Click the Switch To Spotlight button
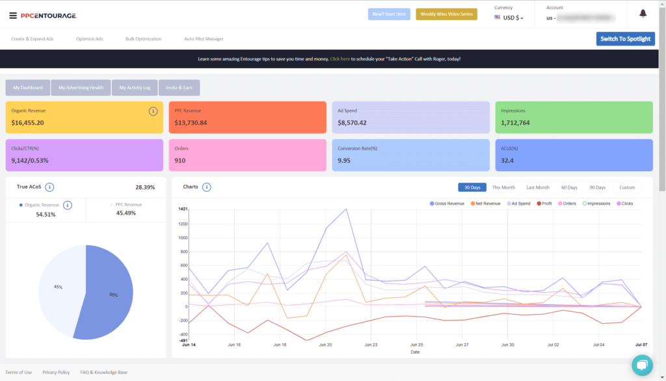625,39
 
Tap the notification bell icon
643,14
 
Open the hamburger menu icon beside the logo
13,14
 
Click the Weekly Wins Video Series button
446,14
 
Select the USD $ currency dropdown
509,18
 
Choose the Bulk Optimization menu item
143,39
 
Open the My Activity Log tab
137,87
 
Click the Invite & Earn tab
179,87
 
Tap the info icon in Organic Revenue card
153,111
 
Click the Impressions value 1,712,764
515,122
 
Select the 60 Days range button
569,187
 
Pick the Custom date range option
627,187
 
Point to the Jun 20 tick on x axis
325,345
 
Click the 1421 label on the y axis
183,209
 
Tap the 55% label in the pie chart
114,295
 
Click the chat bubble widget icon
641,364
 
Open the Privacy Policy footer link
56,373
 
